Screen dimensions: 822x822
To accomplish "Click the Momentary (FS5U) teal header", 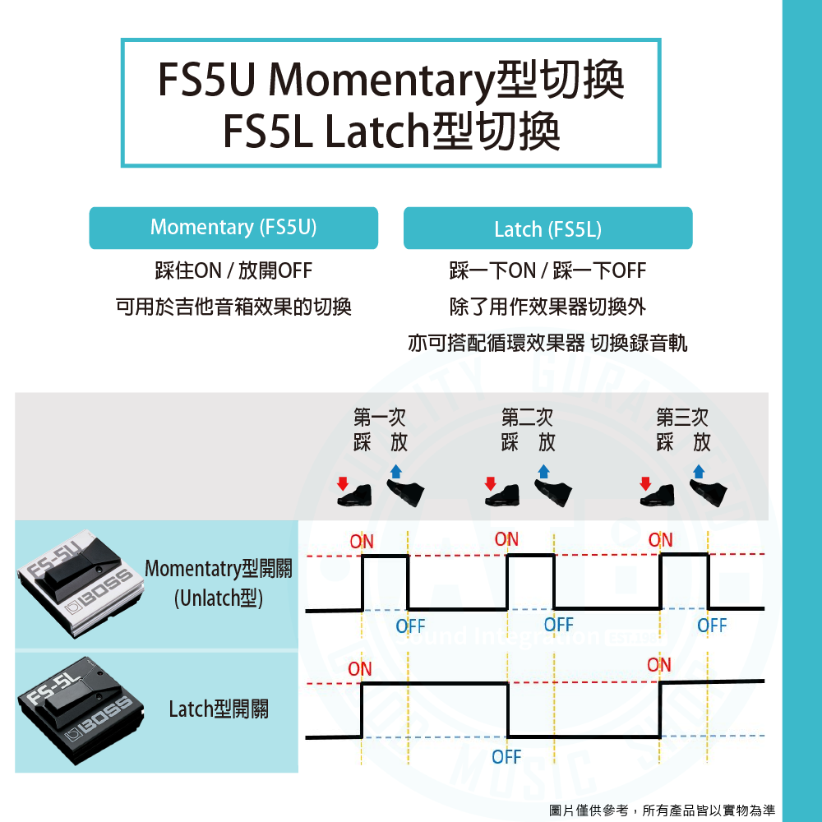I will pyautogui.click(x=233, y=228).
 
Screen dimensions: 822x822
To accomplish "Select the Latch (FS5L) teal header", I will pyautogui.click(x=547, y=229).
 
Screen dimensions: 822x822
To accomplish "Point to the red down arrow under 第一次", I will pyautogui.click(x=343, y=483).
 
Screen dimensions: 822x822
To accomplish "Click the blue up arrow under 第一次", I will pyautogui.click(x=396, y=471).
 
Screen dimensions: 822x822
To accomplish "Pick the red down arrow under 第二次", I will pyautogui.click(x=491, y=483).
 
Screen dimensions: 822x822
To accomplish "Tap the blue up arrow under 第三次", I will pyautogui.click(x=699, y=471).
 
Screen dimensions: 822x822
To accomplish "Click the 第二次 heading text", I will pyautogui.click(x=527, y=418).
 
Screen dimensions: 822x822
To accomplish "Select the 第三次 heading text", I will pyautogui.click(x=682, y=418).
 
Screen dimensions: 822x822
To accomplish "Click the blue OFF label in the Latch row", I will pyautogui.click(x=506, y=756).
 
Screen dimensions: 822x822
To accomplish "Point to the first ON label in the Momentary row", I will pyautogui.click(x=362, y=542).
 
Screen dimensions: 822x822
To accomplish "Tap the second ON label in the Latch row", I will pyautogui.click(x=659, y=664).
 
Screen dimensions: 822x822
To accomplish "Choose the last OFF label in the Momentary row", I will pyautogui.click(x=712, y=626).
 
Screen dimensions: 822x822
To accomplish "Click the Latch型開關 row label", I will pyautogui.click(x=219, y=709).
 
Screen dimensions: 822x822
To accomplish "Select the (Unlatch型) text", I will pyautogui.click(x=219, y=598).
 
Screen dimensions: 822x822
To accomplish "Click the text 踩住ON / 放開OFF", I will pyautogui.click(x=233, y=270).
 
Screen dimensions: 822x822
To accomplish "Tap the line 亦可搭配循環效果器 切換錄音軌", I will pyautogui.click(x=547, y=343).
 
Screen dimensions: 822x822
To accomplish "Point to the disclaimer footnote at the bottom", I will pyautogui.click(x=662, y=810).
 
